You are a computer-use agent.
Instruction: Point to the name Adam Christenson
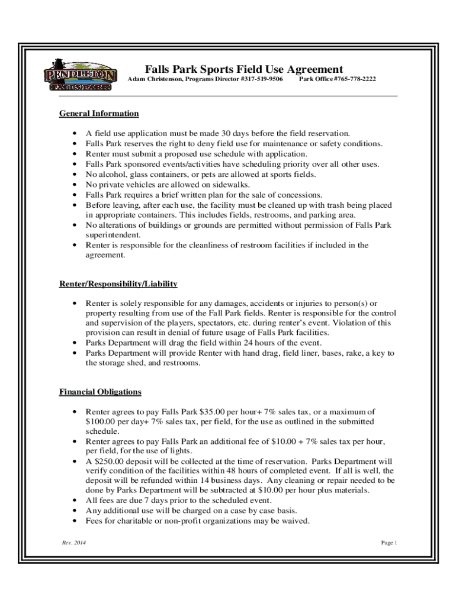[154, 79]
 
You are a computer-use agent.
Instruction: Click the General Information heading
[99, 114]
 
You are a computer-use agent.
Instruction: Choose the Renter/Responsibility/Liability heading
[118, 284]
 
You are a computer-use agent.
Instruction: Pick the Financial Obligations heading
[100, 392]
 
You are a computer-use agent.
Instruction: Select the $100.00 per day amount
[117, 421]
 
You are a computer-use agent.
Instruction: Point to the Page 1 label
[388, 543]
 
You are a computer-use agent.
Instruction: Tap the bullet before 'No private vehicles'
[73, 185]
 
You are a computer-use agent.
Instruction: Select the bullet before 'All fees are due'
[73, 501]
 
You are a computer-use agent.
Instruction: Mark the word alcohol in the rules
[111, 175]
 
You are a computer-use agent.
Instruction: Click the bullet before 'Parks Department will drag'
[73, 343]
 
